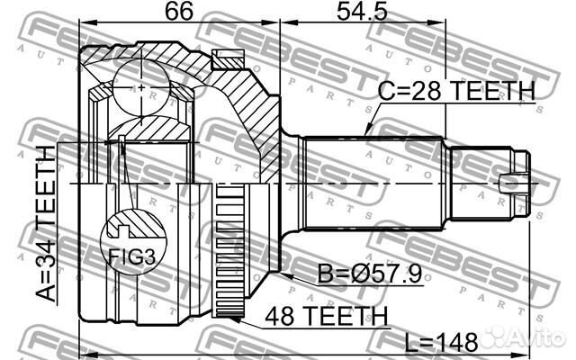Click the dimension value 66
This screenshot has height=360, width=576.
tap(178, 11)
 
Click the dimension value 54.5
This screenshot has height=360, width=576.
tap(362, 11)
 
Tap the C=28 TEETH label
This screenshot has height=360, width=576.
tap(456, 91)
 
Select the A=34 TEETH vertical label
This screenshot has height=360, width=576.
tap(47, 223)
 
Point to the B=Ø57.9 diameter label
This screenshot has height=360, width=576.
tap(370, 274)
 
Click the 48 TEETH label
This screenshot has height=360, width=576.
tap(327, 316)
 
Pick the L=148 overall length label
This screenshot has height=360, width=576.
tap(441, 343)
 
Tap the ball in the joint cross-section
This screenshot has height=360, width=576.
tap(141, 87)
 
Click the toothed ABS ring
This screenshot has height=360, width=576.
tap(229, 251)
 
